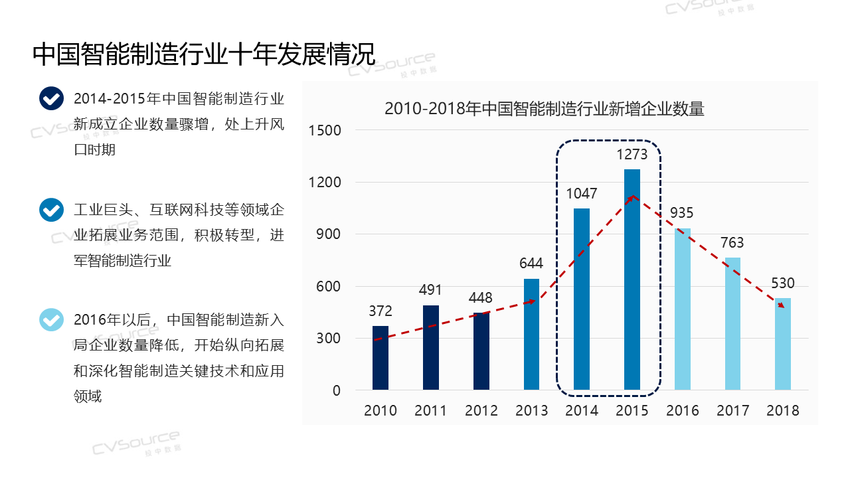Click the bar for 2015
[632, 279]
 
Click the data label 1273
[632, 155]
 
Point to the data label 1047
[582, 194]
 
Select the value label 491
[430, 290]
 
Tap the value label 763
[732, 242]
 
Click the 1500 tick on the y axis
[325, 131]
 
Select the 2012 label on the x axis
[481, 410]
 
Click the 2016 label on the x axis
[683, 410]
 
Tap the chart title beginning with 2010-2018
[544, 109]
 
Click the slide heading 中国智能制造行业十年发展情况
[204, 54]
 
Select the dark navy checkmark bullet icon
[51, 99]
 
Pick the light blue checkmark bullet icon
[51, 320]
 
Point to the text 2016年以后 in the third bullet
[113, 320]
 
